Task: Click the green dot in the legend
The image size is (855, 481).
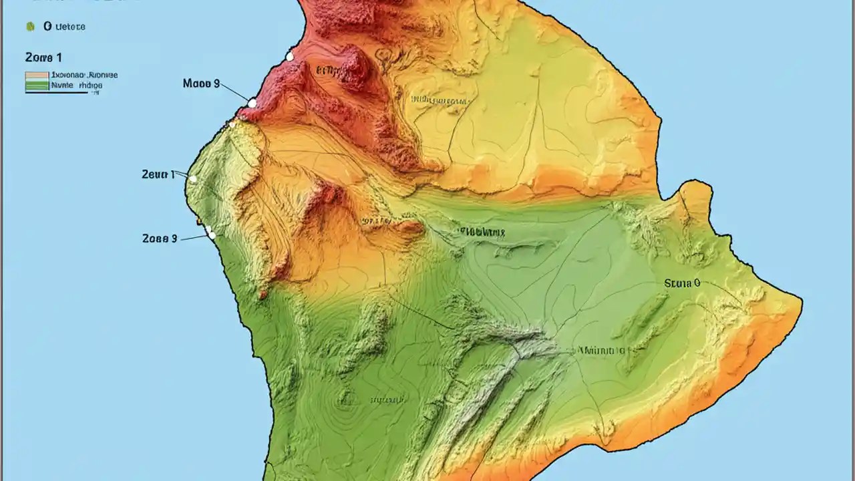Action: pos(30,27)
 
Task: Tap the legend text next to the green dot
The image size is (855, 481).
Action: pos(64,27)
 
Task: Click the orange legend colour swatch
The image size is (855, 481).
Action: pos(37,76)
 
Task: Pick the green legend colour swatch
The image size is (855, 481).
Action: pos(37,85)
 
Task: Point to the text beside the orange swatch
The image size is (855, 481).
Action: pos(84,76)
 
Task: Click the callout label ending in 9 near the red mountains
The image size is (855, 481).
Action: pos(201,84)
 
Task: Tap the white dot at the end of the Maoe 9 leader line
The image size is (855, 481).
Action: pos(252,103)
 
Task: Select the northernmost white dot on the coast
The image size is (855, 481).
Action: pos(289,57)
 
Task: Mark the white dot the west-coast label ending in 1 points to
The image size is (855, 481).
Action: pos(193,179)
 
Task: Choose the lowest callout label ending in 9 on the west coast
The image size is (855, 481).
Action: pos(160,238)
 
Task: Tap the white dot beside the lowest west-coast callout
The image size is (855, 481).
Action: pos(211,234)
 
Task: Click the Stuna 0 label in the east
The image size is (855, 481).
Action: pos(682,283)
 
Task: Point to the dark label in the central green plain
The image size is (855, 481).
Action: pos(481,232)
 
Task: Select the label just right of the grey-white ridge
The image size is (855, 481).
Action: pos(601,350)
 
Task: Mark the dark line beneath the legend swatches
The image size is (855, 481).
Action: pos(56,92)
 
